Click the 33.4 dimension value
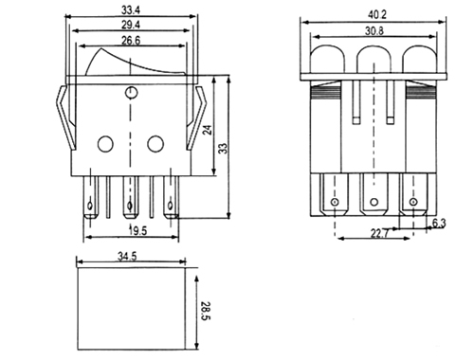click(x=131, y=10)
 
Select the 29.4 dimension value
click(x=131, y=25)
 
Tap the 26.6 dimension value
click(x=131, y=41)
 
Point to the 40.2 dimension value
click(x=377, y=15)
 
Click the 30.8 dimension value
click(x=374, y=31)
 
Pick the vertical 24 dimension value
click(x=208, y=130)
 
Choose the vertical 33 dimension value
click(x=223, y=149)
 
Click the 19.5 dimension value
click(x=138, y=231)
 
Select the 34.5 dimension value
click(x=127, y=256)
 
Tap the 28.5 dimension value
click(x=205, y=311)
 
